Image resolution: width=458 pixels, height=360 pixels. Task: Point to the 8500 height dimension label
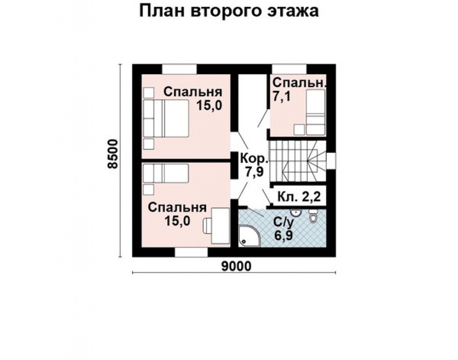click(x=112, y=154)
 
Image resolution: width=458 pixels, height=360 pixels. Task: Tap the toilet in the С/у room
click(x=313, y=216)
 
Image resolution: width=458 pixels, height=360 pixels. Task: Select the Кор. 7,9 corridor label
click(x=253, y=165)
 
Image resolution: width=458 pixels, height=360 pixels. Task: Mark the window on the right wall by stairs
click(x=331, y=160)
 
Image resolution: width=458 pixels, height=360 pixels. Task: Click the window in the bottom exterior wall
click(x=192, y=252)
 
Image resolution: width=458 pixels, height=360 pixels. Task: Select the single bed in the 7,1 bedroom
click(x=315, y=111)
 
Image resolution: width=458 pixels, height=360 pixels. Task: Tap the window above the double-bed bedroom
click(x=179, y=68)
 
